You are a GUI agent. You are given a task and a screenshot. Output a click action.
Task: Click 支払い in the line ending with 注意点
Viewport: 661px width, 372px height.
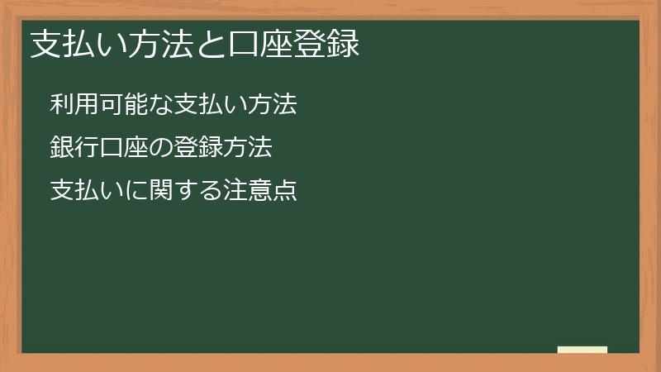[x=83, y=191]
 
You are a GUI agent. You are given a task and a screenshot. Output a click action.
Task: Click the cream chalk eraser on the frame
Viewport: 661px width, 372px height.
[x=583, y=351]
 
